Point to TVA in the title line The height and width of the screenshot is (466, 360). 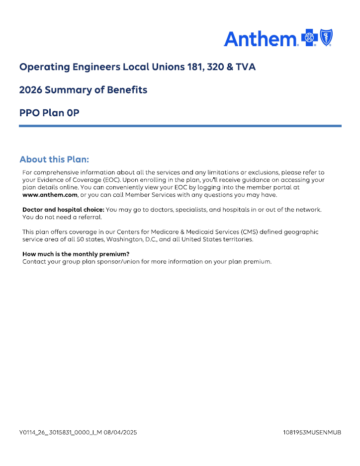pos(246,67)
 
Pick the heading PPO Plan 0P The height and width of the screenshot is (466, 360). pos(49,113)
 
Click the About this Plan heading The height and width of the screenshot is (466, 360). pos(54,159)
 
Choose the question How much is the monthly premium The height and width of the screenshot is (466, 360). pos(76,254)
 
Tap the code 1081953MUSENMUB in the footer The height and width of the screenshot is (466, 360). pos(312,433)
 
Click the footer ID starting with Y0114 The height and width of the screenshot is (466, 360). pos(60,433)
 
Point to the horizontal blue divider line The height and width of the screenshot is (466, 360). pos(180,126)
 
